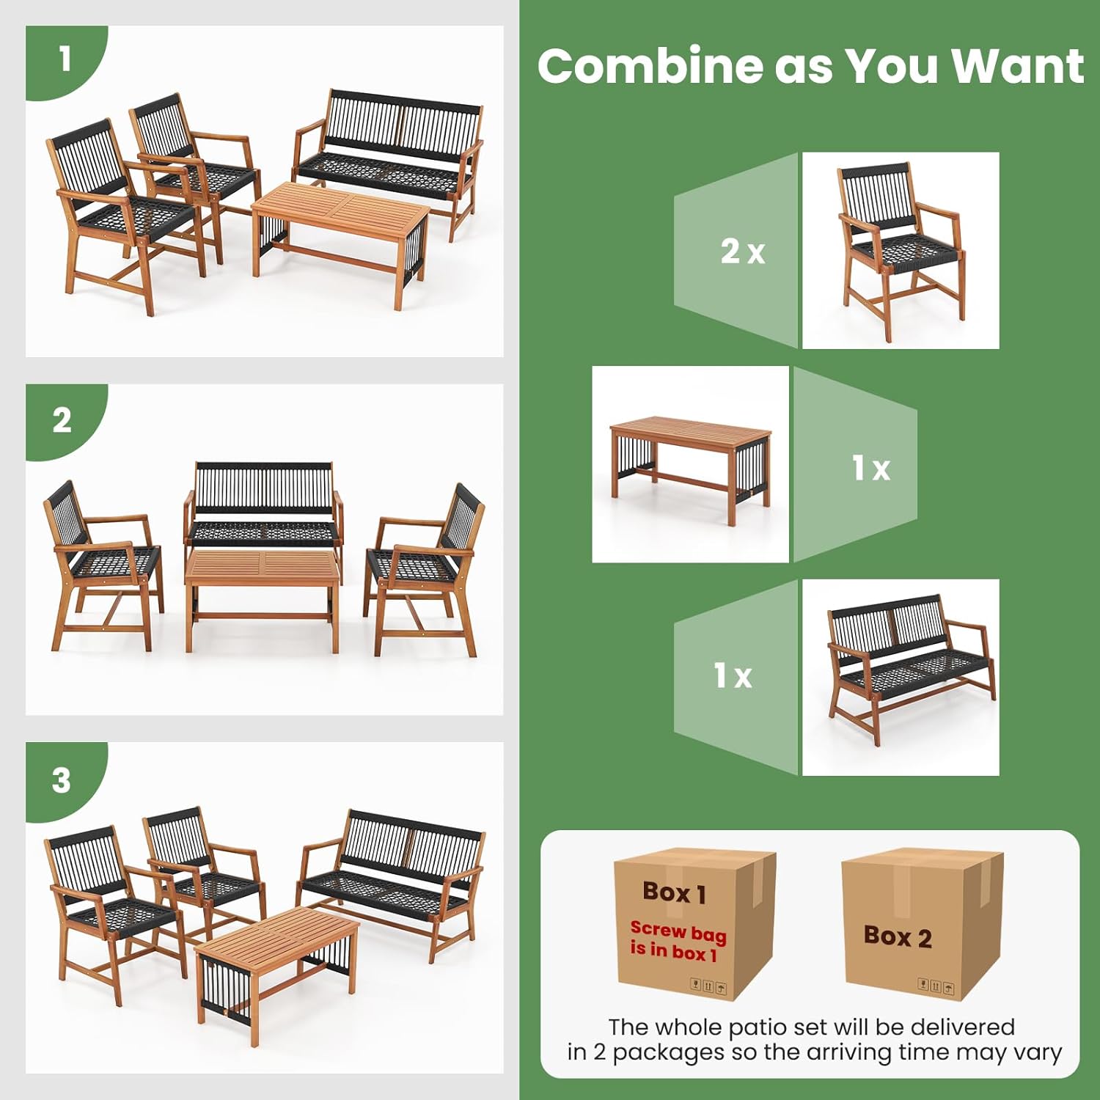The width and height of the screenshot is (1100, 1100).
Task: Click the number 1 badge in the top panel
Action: tap(65, 59)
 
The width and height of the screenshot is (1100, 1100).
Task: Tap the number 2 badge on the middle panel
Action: tap(62, 421)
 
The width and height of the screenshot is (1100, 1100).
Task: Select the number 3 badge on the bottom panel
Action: tap(62, 780)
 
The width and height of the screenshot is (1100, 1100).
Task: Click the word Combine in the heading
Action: tap(650, 66)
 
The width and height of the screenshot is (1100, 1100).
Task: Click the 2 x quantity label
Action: tap(742, 252)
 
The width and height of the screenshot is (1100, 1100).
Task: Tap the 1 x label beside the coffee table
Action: tap(870, 467)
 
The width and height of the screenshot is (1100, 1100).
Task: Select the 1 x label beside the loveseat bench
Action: tap(733, 675)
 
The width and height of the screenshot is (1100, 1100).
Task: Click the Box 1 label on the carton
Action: tap(674, 892)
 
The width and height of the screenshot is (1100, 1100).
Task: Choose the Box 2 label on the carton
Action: tap(898, 936)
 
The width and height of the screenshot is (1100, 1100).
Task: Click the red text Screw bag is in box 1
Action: tap(677, 941)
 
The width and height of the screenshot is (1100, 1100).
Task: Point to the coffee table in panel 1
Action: tap(341, 220)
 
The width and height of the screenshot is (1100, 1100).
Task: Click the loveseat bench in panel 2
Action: tap(263, 506)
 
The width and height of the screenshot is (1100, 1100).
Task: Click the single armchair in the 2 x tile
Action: tap(901, 249)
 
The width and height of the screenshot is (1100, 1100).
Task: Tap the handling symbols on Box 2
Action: tap(936, 986)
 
